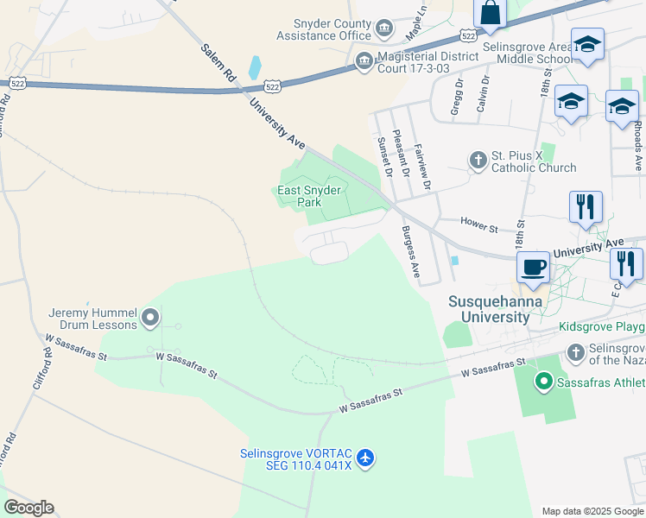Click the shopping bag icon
tap(490, 14)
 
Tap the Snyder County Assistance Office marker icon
tap(384, 30)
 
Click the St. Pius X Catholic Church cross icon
tap(478, 160)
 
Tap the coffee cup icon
tap(534, 268)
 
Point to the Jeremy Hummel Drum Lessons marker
tap(150, 319)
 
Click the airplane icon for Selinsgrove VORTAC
tap(366, 457)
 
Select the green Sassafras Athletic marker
tap(543, 381)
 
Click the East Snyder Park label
tap(308, 196)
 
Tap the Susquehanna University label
tap(488, 309)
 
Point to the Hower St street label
tap(481, 226)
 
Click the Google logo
tap(28, 508)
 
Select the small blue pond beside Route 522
tap(254, 67)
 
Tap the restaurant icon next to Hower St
tap(586, 207)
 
